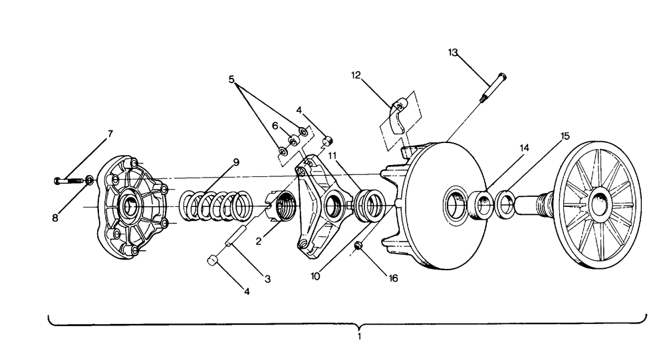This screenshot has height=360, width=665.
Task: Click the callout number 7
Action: coord(110,134)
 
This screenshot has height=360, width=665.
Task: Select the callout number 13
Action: coord(453,52)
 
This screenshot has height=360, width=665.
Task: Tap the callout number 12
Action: coord(356,75)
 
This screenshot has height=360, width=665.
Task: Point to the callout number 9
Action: coord(236,162)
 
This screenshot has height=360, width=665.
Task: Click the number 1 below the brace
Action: coord(359,337)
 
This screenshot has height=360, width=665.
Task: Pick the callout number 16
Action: coord(394,278)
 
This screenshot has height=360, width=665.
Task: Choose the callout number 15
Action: coord(565,136)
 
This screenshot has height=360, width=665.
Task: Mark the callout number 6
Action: coord(275,126)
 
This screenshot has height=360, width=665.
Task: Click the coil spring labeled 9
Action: coord(216,206)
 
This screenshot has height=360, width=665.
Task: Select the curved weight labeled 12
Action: coord(398,116)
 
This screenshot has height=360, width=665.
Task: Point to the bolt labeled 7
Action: coord(68,181)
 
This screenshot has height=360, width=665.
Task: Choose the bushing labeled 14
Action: coord(481,206)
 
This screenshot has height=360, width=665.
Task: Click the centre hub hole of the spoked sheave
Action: coord(600,204)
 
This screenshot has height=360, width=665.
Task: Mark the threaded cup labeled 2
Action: coord(281,206)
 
